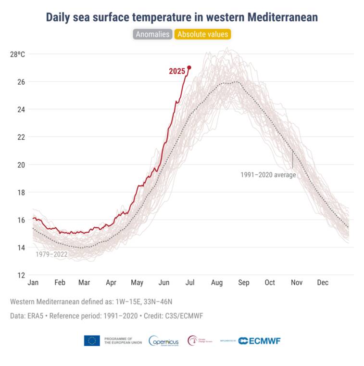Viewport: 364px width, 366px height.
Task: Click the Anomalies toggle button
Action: (152, 34)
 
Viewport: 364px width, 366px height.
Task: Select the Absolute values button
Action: (203, 34)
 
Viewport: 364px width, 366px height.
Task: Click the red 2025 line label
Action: (177, 71)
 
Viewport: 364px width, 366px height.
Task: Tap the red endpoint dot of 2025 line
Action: (189, 67)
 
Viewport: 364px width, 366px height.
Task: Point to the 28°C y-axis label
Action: (17, 54)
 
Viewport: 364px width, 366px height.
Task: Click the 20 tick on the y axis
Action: (21, 165)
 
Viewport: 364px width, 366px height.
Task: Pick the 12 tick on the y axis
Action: (21, 275)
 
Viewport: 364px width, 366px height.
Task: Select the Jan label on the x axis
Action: (33, 283)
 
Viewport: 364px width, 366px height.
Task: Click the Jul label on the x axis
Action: (190, 283)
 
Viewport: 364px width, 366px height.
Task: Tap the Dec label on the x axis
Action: (323, 283)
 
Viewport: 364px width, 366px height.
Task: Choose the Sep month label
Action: (244, 283)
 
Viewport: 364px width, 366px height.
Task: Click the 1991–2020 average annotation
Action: (268, 175)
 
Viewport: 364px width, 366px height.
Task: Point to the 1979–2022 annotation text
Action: (51, 254)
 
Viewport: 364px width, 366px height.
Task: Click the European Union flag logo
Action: (92, 340)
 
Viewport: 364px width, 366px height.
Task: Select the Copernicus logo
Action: (164, 341)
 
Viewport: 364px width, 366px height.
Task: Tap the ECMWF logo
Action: (259, 341)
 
